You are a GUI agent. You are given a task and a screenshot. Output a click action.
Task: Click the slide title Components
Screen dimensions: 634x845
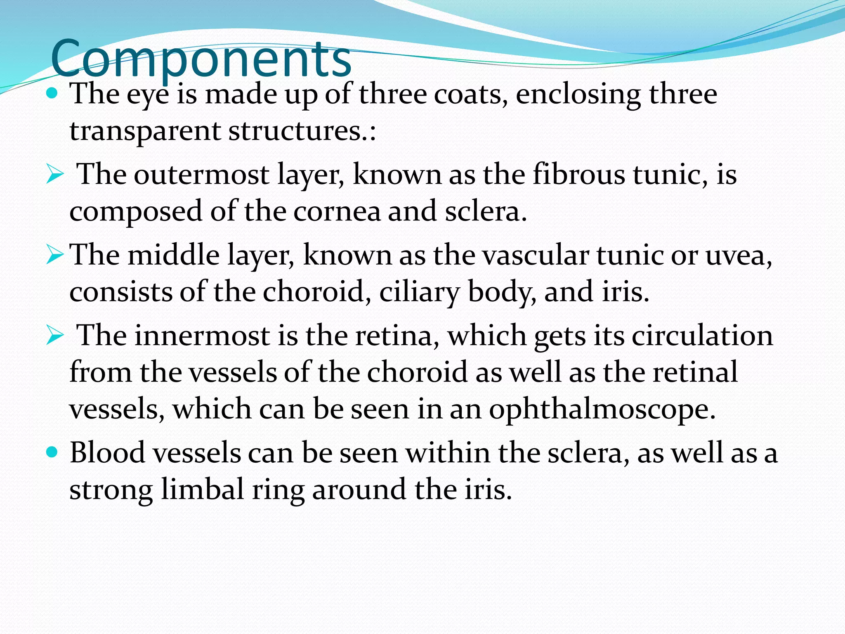pos(201,59)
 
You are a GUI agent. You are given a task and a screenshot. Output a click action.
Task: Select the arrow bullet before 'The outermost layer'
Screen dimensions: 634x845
pos(55,174)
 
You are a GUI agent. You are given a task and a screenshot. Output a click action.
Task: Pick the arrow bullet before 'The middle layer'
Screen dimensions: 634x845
pos(55,255)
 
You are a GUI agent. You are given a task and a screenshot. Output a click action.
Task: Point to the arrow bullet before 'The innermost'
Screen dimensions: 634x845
pos(55,335)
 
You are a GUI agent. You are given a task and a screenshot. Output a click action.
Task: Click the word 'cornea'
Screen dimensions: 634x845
pos(337,211)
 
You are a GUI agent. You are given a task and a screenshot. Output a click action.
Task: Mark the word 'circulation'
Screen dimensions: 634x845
pos(702,335)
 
